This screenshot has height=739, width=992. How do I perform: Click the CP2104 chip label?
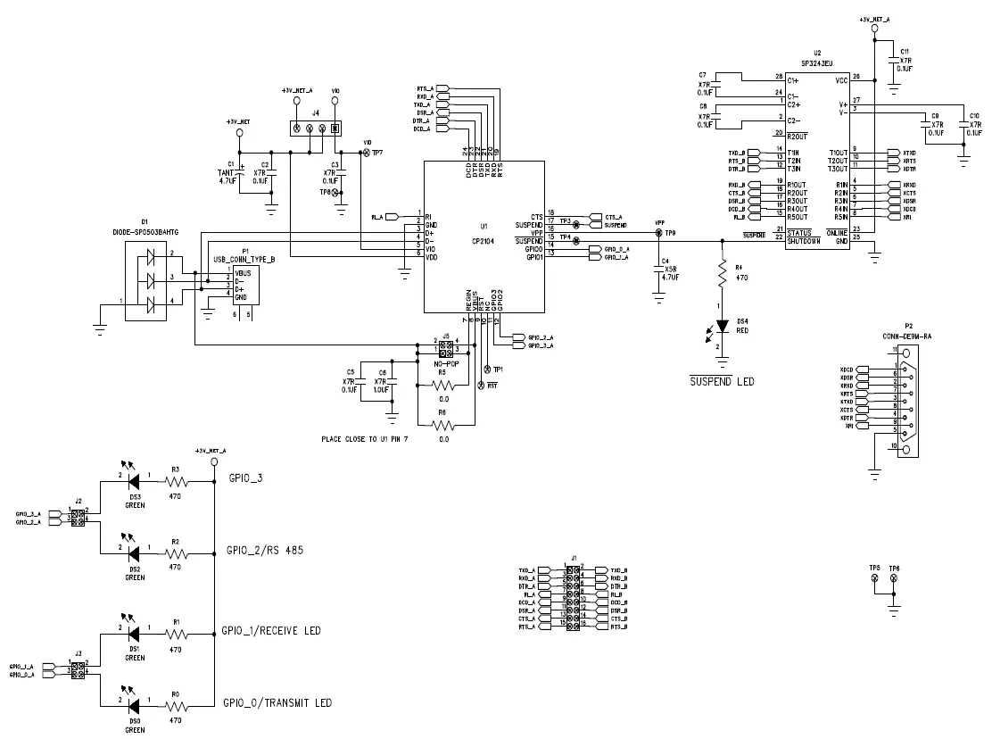(484, 239)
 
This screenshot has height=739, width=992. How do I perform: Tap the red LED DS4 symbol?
(722, 328)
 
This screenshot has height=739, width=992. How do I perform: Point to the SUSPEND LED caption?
(722, 381)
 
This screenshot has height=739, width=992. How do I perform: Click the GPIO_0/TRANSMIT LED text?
(279, 703)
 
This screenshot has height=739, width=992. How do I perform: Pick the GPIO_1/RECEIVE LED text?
(274, 631)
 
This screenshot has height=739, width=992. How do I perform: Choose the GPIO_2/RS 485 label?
(264, 550)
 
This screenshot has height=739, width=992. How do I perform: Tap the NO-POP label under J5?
(445, 364)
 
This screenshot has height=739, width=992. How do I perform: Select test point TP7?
(364, 154)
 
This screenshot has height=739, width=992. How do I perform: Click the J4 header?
(316, 129)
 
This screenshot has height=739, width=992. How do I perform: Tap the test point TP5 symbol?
(874, 579)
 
